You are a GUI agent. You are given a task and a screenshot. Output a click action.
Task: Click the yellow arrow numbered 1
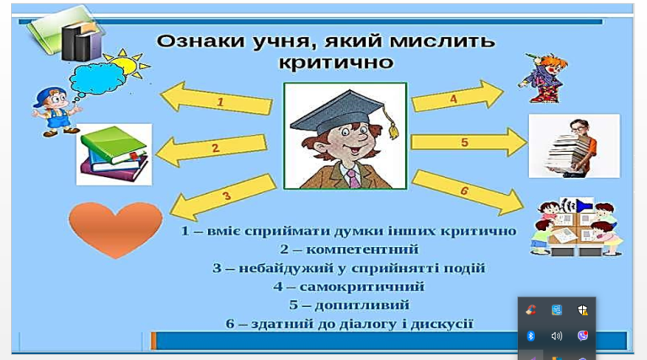217,99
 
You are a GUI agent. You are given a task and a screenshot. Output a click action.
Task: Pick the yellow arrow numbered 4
457,96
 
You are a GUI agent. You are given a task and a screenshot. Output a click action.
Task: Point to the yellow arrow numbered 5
468,142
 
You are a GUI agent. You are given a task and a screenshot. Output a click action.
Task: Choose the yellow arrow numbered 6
468,192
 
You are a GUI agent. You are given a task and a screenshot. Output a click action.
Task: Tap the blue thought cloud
99,78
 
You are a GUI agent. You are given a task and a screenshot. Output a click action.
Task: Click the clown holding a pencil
543,78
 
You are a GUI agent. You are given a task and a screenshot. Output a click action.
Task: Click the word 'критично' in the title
336,62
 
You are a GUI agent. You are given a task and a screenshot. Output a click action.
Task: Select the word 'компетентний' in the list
362,250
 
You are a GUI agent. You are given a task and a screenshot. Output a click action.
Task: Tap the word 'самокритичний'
362,286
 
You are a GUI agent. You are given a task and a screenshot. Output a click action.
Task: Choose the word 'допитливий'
362,305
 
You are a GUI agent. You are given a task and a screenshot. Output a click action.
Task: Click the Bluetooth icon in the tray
531,336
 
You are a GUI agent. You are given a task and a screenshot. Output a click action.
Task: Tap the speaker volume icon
557,336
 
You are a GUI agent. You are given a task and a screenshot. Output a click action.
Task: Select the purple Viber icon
583,336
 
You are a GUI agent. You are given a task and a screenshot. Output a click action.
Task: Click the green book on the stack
113,144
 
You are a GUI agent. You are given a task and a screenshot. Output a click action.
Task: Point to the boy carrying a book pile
573,148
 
